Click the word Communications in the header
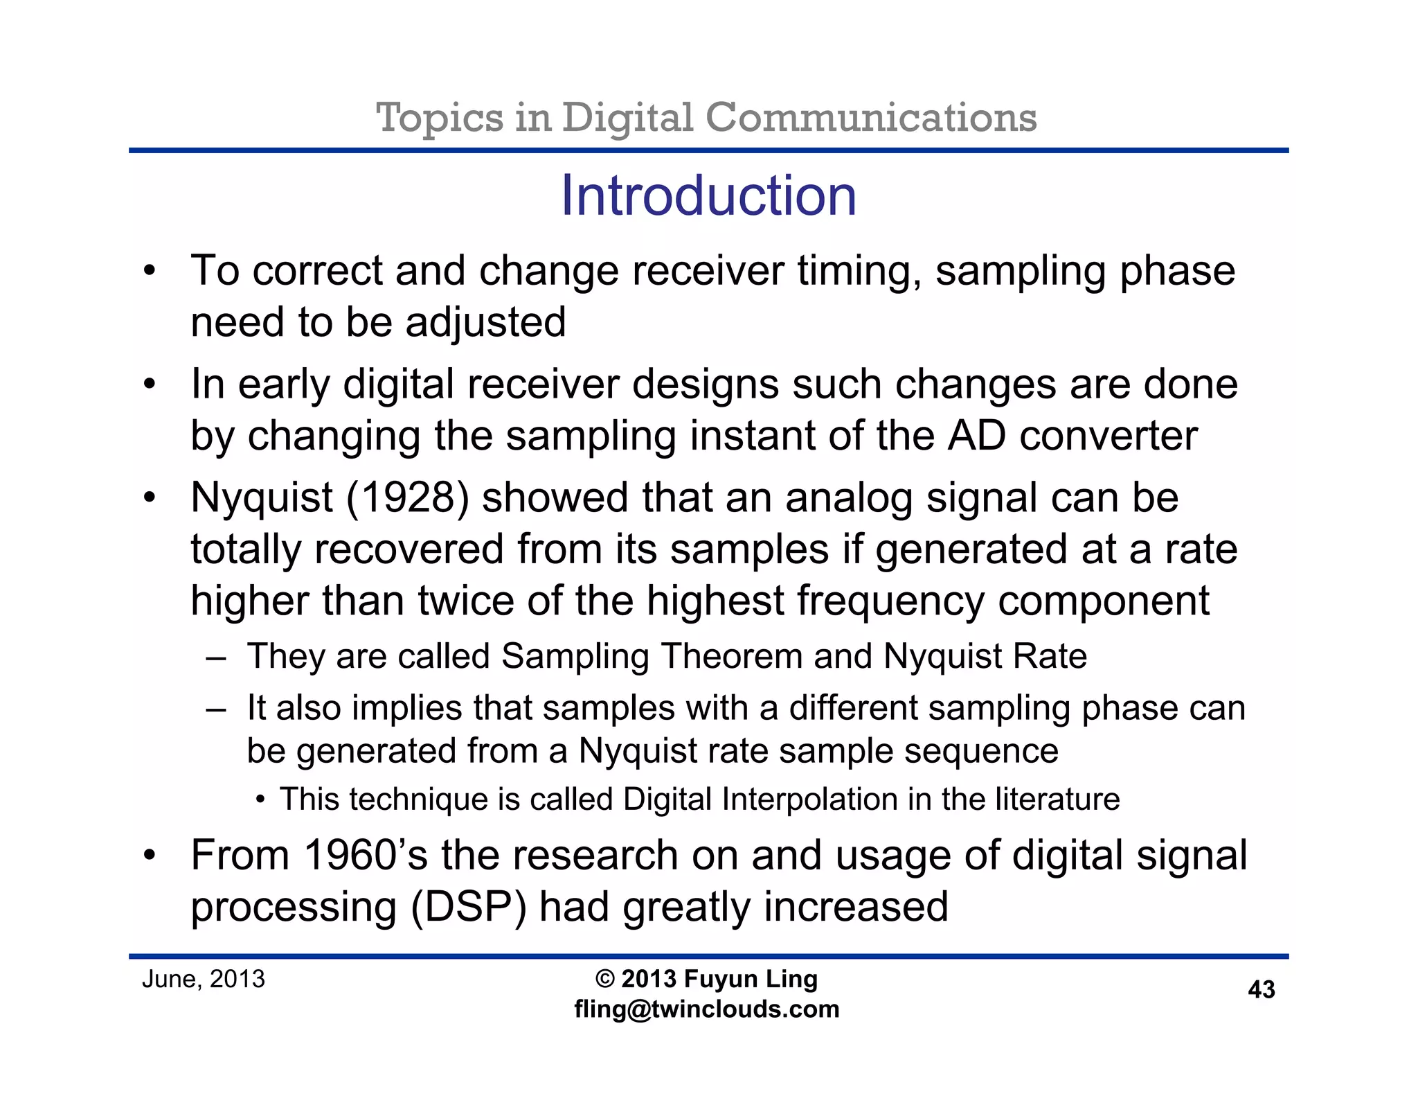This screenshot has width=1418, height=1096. point(870,117)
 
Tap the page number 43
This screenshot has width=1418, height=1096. point(1261,989)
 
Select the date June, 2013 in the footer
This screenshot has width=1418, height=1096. point(204,979)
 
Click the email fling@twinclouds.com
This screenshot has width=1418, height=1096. point(707,1009)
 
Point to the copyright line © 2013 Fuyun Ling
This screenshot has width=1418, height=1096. point(707,979)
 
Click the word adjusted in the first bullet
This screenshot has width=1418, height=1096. point(486,323)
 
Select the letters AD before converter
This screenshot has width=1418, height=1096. point(976,436)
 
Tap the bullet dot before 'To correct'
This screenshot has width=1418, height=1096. point(150,271)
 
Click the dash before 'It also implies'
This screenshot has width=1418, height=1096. point(216,709)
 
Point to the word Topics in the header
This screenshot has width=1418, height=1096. point(439,117)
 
